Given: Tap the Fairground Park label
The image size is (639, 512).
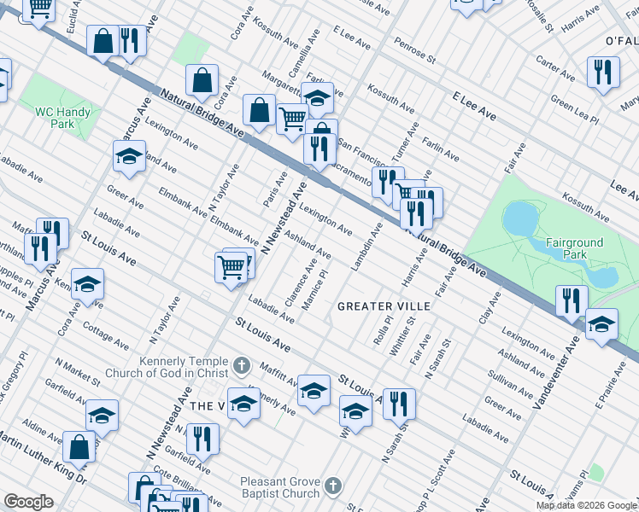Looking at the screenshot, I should click(x=574, y=248).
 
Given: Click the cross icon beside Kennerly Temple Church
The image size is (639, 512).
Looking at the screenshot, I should click(x=242, y=366).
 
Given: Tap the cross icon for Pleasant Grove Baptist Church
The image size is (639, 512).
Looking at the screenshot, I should click(x=333, y=486).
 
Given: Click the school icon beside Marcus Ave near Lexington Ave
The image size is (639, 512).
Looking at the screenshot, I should click(x=129, y=156).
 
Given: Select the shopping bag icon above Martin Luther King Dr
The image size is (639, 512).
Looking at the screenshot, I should click(x=79, y=446).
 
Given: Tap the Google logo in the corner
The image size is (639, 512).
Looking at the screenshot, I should click(x=28, y=502).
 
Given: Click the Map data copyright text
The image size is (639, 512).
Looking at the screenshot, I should click(x=586, y=505).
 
